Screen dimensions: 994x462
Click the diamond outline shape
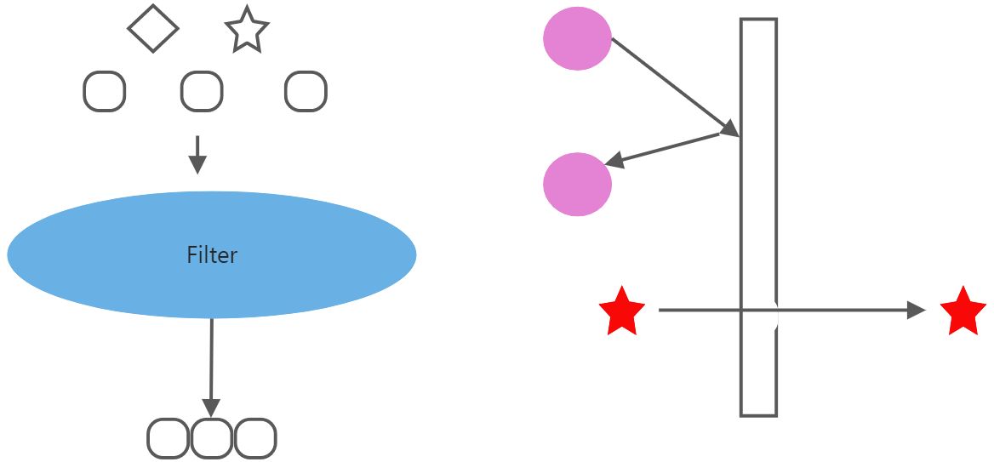point(153,28)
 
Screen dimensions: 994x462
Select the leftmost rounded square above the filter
point(105,91)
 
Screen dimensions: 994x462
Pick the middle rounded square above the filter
point(202,91)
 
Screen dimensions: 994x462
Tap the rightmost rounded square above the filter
point(306,91)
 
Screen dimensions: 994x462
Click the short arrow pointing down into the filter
point(197,154)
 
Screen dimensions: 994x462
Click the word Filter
point(212,254)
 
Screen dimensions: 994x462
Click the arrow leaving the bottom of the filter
point(211,366)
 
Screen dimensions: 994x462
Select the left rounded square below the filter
point(169,438)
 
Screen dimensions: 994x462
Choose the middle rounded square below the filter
point(212,438)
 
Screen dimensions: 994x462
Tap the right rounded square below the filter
point(255,438)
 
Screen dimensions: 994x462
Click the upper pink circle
point(578,38)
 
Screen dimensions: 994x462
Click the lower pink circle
point(578,184)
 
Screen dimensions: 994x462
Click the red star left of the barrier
point(622,311)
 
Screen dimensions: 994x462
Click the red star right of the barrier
point(963,311)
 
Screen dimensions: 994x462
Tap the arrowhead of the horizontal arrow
point(917,311)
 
